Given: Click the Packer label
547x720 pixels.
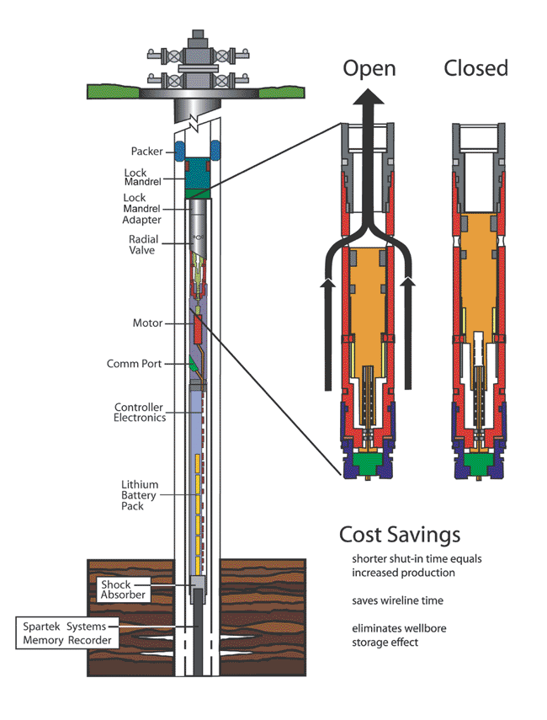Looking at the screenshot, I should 147,152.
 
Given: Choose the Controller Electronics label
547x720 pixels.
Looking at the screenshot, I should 140,413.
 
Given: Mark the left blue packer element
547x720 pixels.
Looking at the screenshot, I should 179,151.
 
